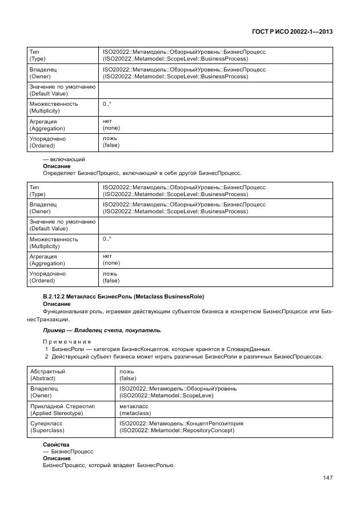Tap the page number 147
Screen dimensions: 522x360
pyautogui.click(x=327, y=478)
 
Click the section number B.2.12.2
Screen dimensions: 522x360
pyautogui.click(x=57, y=296)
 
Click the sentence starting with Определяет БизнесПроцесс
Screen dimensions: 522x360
pyautogui.click(x=142, y=173)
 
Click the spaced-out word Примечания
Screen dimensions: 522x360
pyautogui.click(x=67, y=342)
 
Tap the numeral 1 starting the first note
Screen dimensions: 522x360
pyautogui.click(x=46, y=349)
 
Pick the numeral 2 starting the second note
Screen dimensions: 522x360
pyautogui.click(x=46, y=357)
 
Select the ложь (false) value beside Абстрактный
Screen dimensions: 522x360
pyautogui.click(x=127, y=374)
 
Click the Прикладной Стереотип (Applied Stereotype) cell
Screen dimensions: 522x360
pyautogui.click(x=62, y=409)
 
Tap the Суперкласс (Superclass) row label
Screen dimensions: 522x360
pyautogui.click(x=47, y=427)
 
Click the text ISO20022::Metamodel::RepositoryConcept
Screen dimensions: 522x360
pyautogui.click(x=177, y=431)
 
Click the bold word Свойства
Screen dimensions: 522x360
pyautogui.click(x=56, y=444)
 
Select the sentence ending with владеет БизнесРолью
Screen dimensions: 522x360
pyautogui.click(x=109, y=465)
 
